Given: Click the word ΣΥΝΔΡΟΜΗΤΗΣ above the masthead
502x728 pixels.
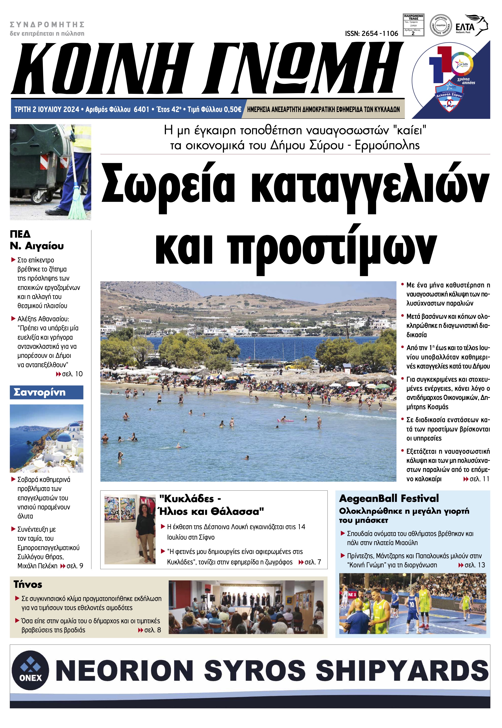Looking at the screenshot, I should tap(47, 25).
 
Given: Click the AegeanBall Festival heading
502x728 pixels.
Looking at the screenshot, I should tap(389, 499).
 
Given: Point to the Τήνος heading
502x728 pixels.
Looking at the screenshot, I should tap(28, 584).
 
